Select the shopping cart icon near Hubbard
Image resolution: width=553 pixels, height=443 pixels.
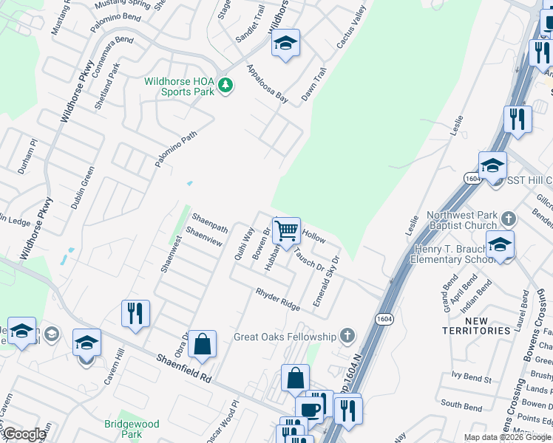pyautogui.click(x=286, y=230)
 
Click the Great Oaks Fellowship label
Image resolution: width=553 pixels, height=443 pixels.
pyautogui.click(x=285, y=337)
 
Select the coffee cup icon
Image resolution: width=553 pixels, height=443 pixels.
pyautogui.click(x=308, y=408)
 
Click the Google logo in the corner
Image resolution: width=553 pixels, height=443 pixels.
pyautogui.click(x=24, y=435)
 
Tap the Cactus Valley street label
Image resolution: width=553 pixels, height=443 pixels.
pyautogui.click(x=351, y=32)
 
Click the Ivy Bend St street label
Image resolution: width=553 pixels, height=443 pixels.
pyautogui.click(x=467, y=378)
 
